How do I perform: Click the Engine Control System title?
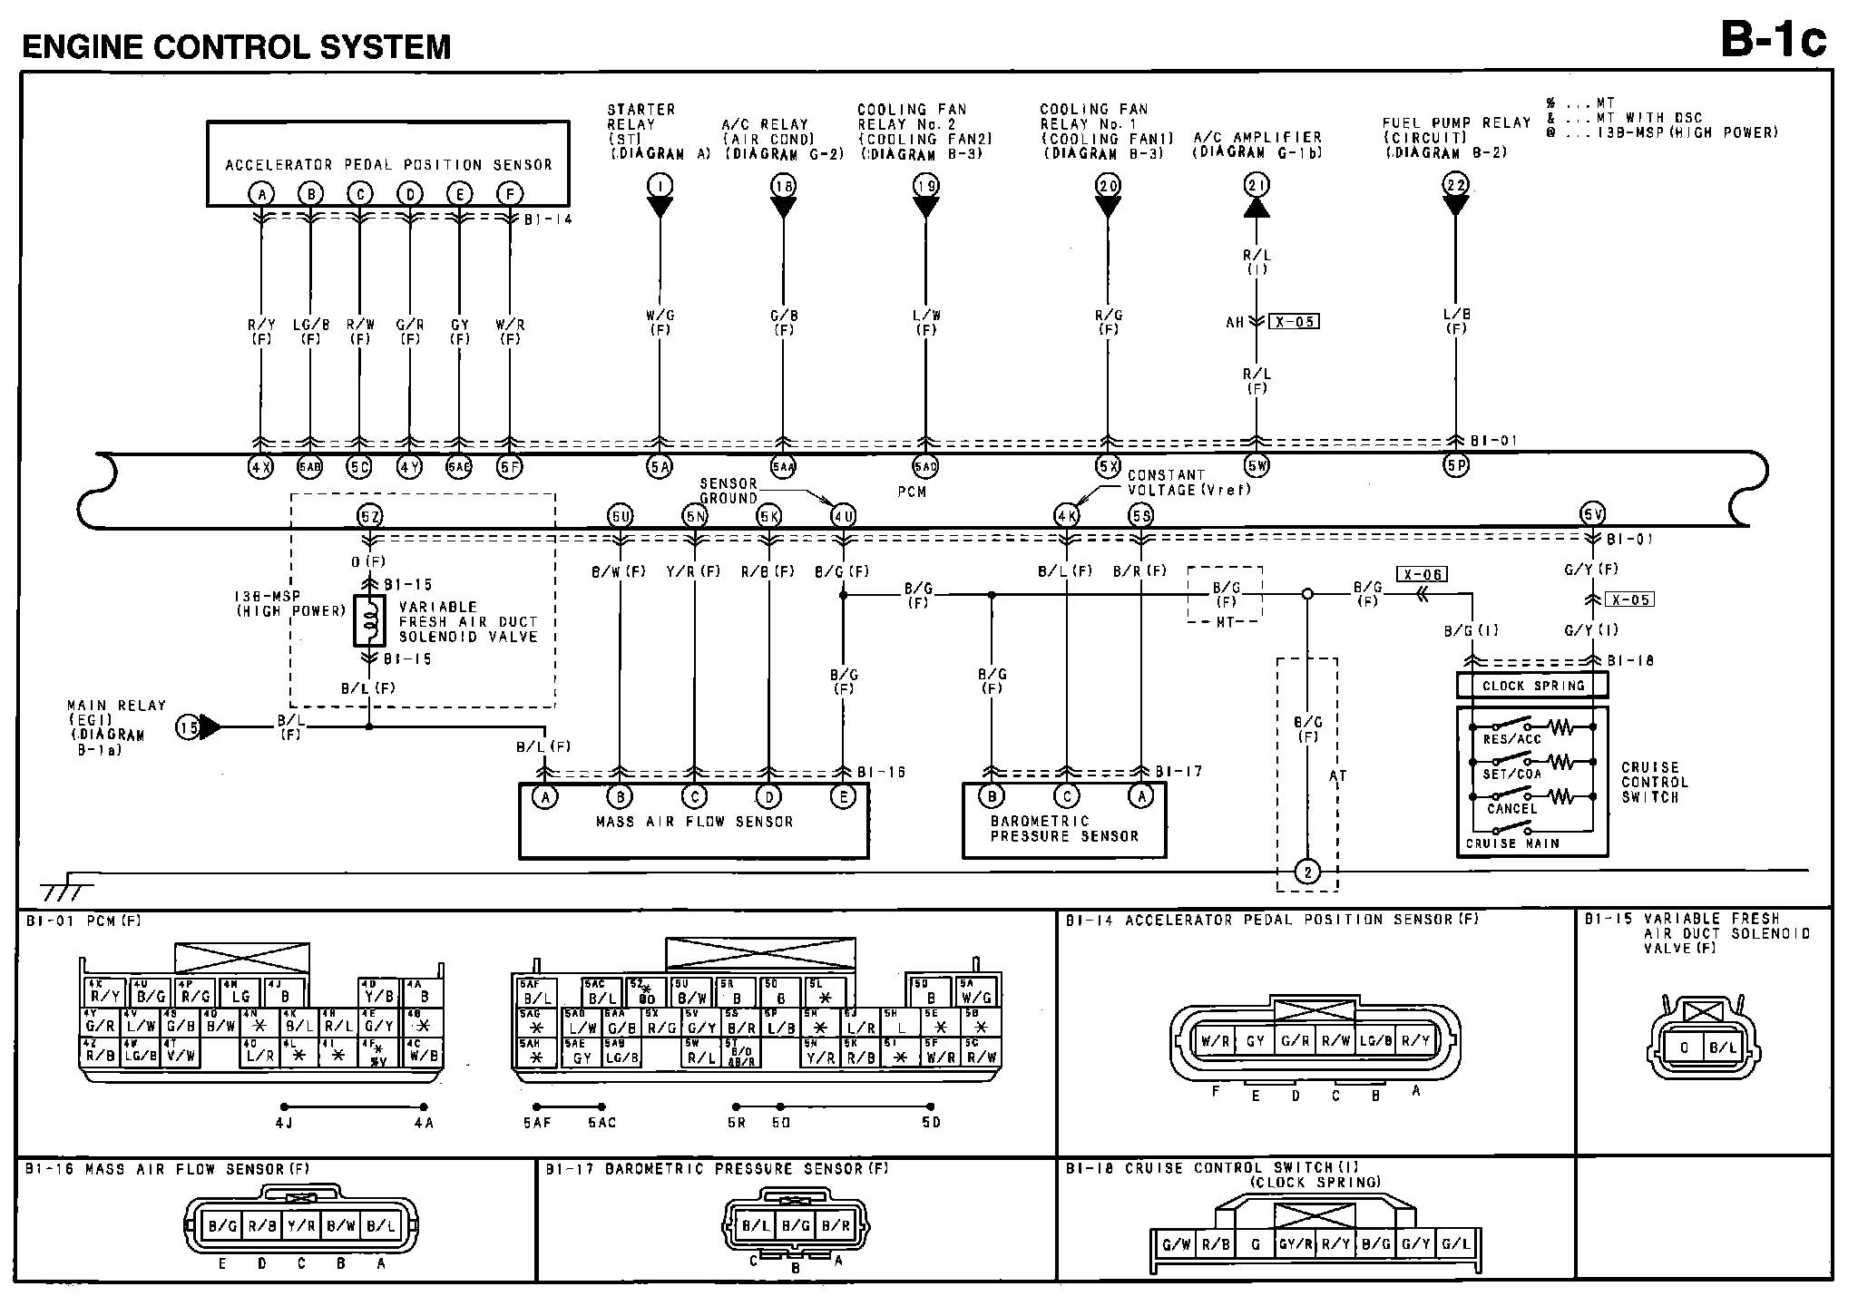point(237,46)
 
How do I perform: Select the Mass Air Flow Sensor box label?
point(694,822)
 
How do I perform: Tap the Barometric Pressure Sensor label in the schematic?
point(1063,828)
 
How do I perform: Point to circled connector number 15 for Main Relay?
point(188,726)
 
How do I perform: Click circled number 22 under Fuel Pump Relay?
point(1455,186)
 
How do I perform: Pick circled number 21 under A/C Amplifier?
point(1257,186)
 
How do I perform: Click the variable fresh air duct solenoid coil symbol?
point(369,621)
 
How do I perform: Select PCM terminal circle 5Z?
point(369,516)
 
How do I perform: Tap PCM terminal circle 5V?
point(1593,515)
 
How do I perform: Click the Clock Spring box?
point(1532,686)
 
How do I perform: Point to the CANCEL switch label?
point(1511,808)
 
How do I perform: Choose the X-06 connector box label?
point(1422,574)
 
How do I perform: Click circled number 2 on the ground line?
point(1307,872)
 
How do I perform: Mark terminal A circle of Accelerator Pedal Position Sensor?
point(261,193)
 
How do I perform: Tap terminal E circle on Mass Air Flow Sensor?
point(844,797)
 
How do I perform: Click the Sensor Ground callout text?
point(729,491)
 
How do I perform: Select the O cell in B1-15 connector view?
point(1685,1048)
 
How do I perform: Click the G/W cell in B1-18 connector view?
point(1177,1244)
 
